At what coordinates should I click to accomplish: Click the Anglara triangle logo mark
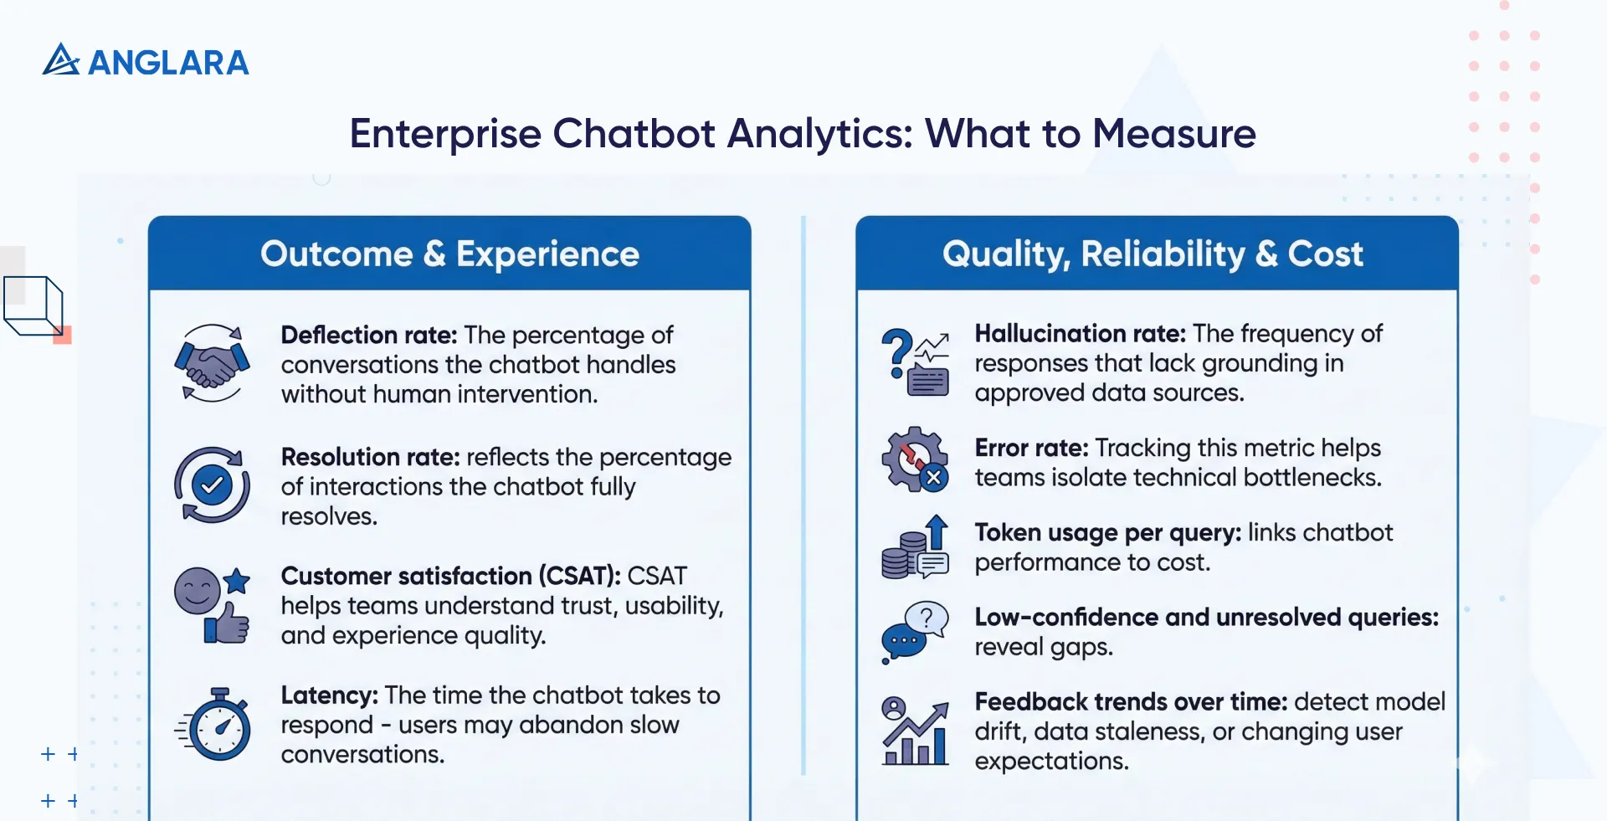click(x=60, y=60)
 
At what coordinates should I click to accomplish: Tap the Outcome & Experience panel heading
click(x=449, y=254)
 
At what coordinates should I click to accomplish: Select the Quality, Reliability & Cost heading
click(x=1153, y=254)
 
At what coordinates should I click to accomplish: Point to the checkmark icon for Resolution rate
click(x=212, y=485)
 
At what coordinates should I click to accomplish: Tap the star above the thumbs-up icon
click(x=237, y=580)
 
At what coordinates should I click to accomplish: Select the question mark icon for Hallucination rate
click(x=896, y=351)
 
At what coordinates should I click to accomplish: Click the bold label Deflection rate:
click(x=368, y=335)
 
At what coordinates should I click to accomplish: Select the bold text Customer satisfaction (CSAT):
click(x=450, y=576)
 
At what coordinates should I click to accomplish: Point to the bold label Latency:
click(x=329, y=695)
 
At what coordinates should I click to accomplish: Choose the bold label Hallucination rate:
click(x=1080, y=334)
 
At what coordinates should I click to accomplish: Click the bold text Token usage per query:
click(x=1107, y=533)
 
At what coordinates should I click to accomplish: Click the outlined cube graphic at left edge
click(x=33, y=306)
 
